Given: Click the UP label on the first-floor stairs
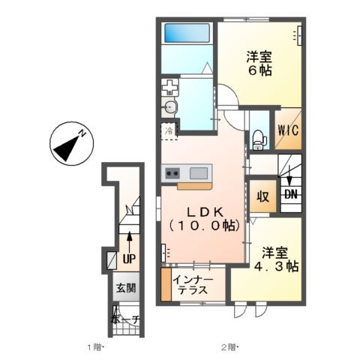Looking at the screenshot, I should [x=129, y=259].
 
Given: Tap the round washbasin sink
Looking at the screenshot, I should [x=172, y=108].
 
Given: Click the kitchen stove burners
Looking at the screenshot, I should [x=169, y=173].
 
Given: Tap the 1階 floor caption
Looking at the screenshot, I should [x=94, y=347].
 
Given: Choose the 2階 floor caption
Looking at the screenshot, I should [x=228, y=347].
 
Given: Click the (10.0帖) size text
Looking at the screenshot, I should [x=205, y=224].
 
